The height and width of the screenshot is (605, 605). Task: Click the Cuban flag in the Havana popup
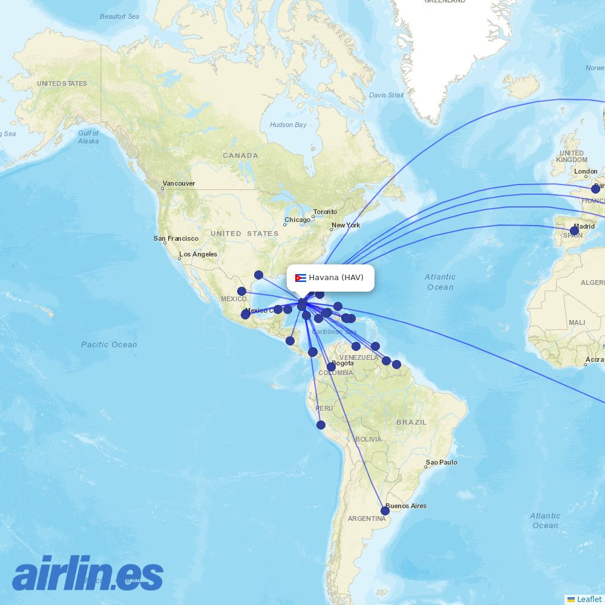click(300, 278)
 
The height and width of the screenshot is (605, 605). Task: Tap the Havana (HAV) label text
click(336, 278)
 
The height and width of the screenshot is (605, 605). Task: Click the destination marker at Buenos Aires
click(385, 511)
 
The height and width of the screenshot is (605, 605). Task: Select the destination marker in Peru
click(321, 425)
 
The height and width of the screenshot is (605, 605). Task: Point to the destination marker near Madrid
click(574, 231)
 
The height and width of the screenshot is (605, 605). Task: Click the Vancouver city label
click(178, 183)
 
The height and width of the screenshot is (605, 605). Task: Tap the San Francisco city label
click(176, 238)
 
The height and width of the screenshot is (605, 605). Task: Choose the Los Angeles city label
click(198, 254)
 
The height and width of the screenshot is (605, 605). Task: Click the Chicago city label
click(298, 220)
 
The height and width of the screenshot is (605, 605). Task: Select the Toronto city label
click(325, 212)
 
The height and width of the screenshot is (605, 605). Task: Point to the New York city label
click(345, 225)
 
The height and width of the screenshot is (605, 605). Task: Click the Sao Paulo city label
click(442, 463)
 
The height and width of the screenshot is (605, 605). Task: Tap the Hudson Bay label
click(289, 125)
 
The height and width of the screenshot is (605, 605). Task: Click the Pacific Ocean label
click(110, 344)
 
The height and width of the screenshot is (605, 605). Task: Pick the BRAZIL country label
click(411, 422)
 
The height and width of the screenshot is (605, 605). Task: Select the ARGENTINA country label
click(367, 518)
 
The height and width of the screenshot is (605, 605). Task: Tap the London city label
click(586, 171)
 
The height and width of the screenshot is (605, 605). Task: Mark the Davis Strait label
click(386, 95)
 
